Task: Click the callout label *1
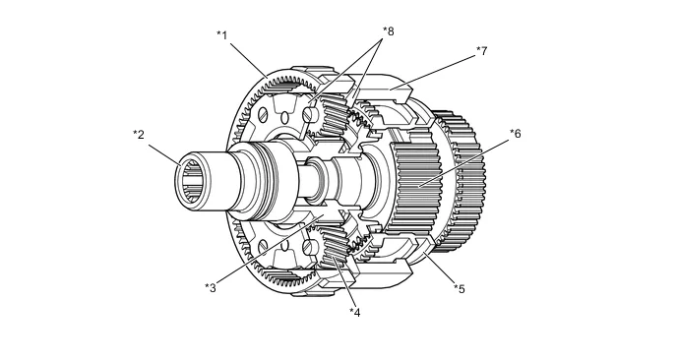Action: click(x=222, y=35)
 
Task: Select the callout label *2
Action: click(x=138, y=135)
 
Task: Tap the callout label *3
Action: click(x=211, y=288)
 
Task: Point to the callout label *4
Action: click(x=355, y=313)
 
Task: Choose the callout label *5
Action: click(x=460, y=289)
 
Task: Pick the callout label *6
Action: click(x=516, y=134)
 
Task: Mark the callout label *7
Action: click(x=482, y=51)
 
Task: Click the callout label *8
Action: click(x=388, y=31)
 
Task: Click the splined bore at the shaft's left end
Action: click(x=191, y=181)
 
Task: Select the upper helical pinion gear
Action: click(x=333, y=114)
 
